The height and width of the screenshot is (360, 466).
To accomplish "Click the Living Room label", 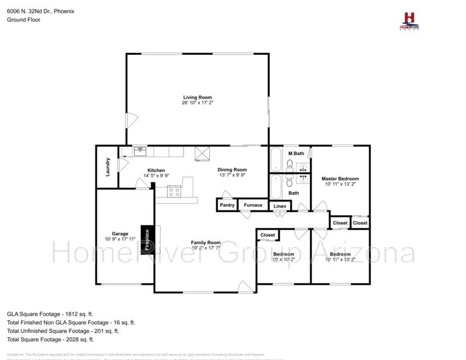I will click(x=197, y=97).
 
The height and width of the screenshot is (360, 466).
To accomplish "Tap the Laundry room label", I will click(x=108, y=167).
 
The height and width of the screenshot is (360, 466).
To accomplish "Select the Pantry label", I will click(x=227, y=205).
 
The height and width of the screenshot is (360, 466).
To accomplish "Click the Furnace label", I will click(x=253, y=205).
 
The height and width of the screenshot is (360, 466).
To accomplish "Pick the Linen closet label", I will click(x=280, y=206).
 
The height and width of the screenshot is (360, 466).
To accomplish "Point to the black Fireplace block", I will click(x=147, y=239).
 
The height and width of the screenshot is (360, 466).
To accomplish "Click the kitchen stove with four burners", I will click(x=174, y=190).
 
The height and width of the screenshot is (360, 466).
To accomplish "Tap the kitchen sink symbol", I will click(x=140, y=151).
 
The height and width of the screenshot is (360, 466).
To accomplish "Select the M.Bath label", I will click(x=296, y=153).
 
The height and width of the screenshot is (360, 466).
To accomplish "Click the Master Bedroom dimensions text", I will click(x=340, y=184).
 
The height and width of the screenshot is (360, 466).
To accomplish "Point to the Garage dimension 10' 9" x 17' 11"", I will click(x=119, y=239).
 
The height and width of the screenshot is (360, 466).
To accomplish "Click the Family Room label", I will click(x=206, y=242).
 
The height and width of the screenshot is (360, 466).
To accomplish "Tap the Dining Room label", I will click(x=232, y=170).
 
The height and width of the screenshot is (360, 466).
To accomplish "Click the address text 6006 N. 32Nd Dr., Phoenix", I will click(x=41, y=11).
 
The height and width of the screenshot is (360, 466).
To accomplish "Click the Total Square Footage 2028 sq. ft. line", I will click(x=50, y=339).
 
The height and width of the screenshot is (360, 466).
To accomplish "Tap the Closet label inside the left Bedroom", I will click(x=268, y=235).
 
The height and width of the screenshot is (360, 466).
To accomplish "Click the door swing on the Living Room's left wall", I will click(x=132, y=121).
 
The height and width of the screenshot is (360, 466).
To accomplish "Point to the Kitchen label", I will click(x=156, y=170).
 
